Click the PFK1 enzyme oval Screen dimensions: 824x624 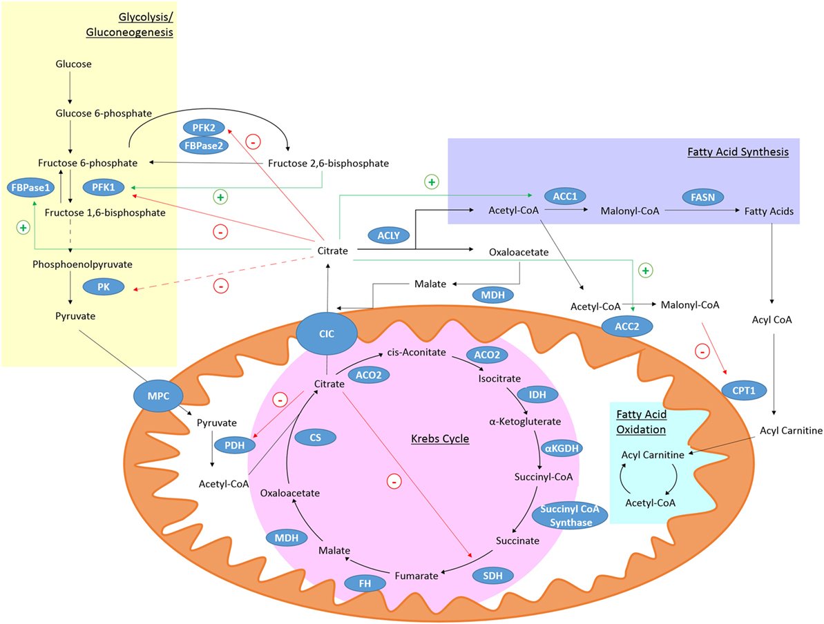104,187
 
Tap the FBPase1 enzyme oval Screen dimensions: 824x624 30,188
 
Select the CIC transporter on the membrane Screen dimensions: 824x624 326,333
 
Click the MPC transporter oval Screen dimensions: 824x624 158,396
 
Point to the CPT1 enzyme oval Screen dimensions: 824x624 744,390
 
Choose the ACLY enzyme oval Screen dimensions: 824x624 388,235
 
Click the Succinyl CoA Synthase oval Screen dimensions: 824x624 571,515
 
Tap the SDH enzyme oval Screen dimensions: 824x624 492,576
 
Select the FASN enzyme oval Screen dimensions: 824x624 702,197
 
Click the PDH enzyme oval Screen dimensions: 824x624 234,445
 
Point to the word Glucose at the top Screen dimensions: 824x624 74,64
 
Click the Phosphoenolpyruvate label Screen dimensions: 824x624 82,264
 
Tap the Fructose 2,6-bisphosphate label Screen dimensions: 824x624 329,164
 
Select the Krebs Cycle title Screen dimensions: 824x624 440,438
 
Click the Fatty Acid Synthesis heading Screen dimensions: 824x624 738,152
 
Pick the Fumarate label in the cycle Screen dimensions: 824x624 416,576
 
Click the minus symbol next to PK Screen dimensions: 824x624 221,286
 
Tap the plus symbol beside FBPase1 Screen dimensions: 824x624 23,227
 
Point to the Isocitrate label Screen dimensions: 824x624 499,379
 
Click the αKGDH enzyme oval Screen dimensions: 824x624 562,448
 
